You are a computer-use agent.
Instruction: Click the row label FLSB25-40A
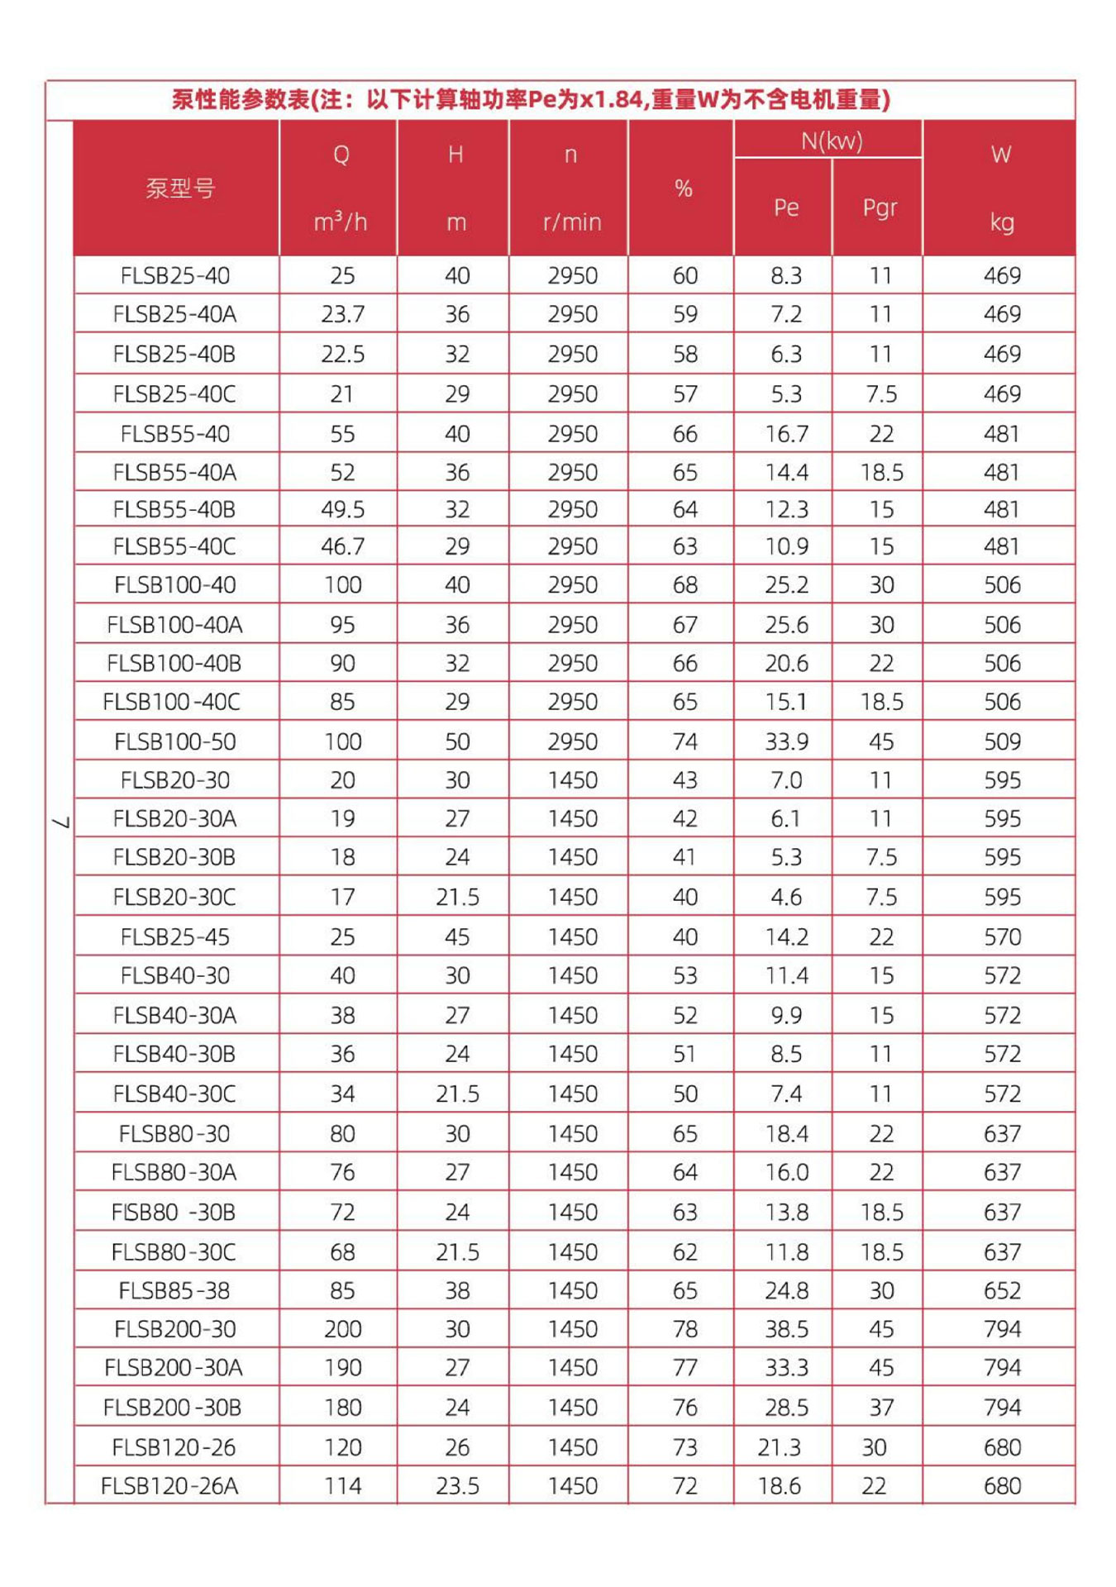click(x=174, y=314)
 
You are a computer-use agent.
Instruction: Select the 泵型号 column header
click(x=180, y=188)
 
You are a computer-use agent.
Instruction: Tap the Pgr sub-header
click(x=879, y=207)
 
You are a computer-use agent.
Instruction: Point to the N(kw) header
click(x=831, y=141)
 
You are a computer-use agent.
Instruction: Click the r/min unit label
click(x=571, y=222)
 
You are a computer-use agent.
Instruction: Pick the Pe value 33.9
click(x=786, y=741)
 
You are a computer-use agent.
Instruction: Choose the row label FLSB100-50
click(x=175, y=741)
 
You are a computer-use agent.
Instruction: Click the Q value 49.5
click(x=342, y=509)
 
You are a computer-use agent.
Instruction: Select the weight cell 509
click(x=1002, y=741)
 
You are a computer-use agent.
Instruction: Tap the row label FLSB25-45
click(x=175, y=936)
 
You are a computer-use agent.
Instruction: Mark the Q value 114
click(x=342, y=1485)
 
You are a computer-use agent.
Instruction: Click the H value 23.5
click(x=457, y=1485)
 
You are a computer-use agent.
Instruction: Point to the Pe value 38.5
click(x=786, y=1328)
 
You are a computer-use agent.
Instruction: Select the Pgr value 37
click(x=880, y=1407)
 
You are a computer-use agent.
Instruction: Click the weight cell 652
click(x=1002, y=1290)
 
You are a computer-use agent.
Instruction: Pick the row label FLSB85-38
click(x=174, y=1290)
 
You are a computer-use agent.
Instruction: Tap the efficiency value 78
click(x=684, y=1328)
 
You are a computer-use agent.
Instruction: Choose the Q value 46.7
click(x=342, y=546)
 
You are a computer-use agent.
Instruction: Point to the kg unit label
click(x=1001, y=222)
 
